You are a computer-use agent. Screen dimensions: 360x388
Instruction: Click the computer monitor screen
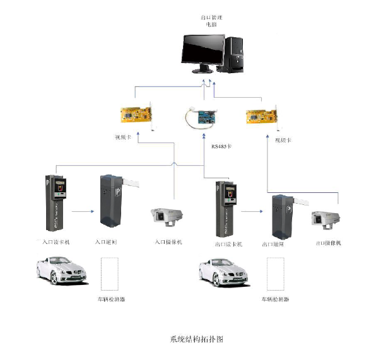tap(203, 51)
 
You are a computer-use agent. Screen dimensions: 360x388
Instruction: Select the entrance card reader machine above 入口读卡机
tap(56, 202)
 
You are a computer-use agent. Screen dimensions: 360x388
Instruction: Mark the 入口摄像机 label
tap(168, 241)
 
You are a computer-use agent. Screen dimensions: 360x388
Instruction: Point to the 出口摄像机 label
tap(327, 243)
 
